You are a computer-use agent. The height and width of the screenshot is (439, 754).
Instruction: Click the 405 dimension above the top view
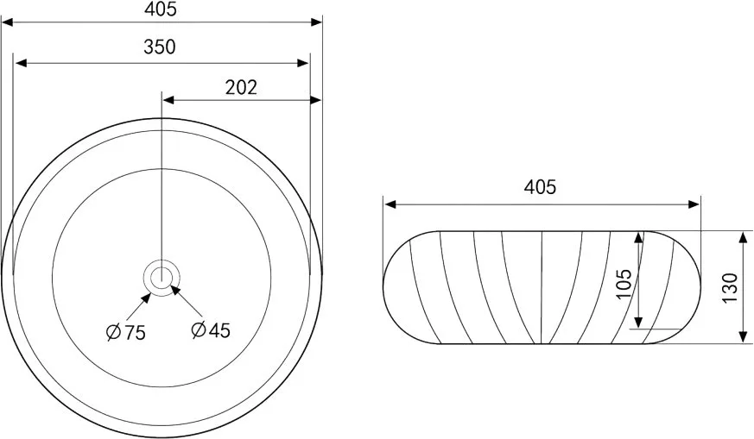point(161,9)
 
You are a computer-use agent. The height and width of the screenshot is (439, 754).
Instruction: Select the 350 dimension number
point(160,47)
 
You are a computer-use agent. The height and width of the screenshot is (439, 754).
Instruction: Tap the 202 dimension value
point(241,87)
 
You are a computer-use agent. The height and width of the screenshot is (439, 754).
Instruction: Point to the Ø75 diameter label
point(125,332)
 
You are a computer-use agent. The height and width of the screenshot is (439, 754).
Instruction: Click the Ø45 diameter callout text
point(211,329)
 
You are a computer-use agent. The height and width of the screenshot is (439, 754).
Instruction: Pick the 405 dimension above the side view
point(540,187)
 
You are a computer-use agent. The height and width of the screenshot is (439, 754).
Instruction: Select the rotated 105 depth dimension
point(624,284)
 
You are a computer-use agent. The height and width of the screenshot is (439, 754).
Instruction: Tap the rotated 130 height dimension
point(730,287)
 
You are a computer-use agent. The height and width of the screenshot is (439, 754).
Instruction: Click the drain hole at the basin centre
point(162,278)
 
